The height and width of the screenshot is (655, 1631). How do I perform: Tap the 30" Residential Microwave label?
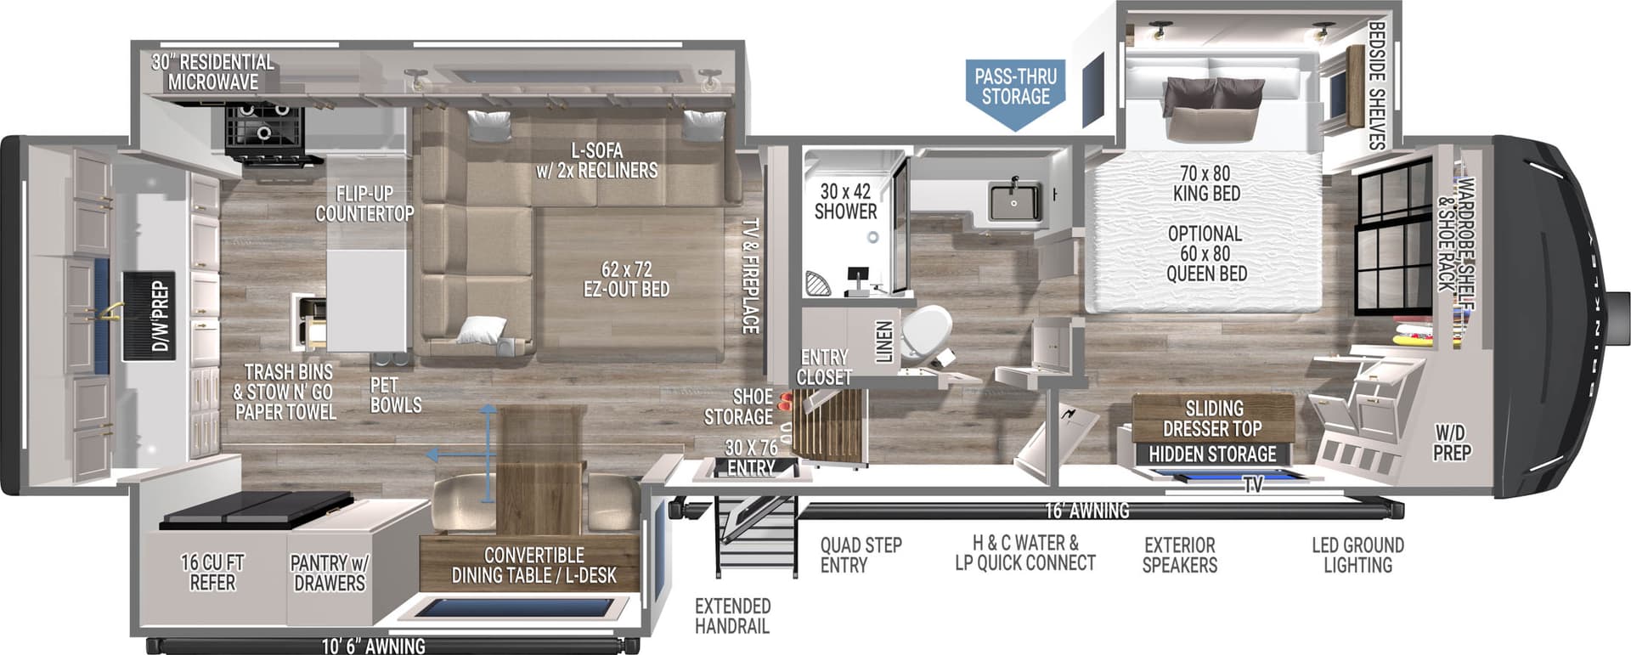pyautogui.click(x=212, y=72)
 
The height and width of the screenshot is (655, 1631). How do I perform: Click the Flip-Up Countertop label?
pyautogui.click(x=364, y=204)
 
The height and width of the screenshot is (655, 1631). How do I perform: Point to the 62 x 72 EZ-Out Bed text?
pyautogui.click(x=626, y=280)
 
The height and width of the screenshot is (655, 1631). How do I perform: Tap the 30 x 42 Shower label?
pyautogui.click(x=845, y=201)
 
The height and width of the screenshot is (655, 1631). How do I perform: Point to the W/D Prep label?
pyautogui.click(x=1452, y=443)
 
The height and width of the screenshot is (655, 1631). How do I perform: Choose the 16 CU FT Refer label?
pyautogui.click(x=212, y=573)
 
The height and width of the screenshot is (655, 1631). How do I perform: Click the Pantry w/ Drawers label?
pyautogui.click(x=329, y=573)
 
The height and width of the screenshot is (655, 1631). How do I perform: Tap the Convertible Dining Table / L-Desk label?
pyautogui.click(x=533, y=565)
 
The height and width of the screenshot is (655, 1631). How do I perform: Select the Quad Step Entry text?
pyautogui.click(x=861, y=555)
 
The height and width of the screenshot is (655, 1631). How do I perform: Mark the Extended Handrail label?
pyautogui.click(x=732, y=616)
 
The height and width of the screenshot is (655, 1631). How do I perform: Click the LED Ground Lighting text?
pyautogui.click(x=1357, y=555)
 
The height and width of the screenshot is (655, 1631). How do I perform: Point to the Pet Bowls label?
pyautogui.click(x=395, y=395)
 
